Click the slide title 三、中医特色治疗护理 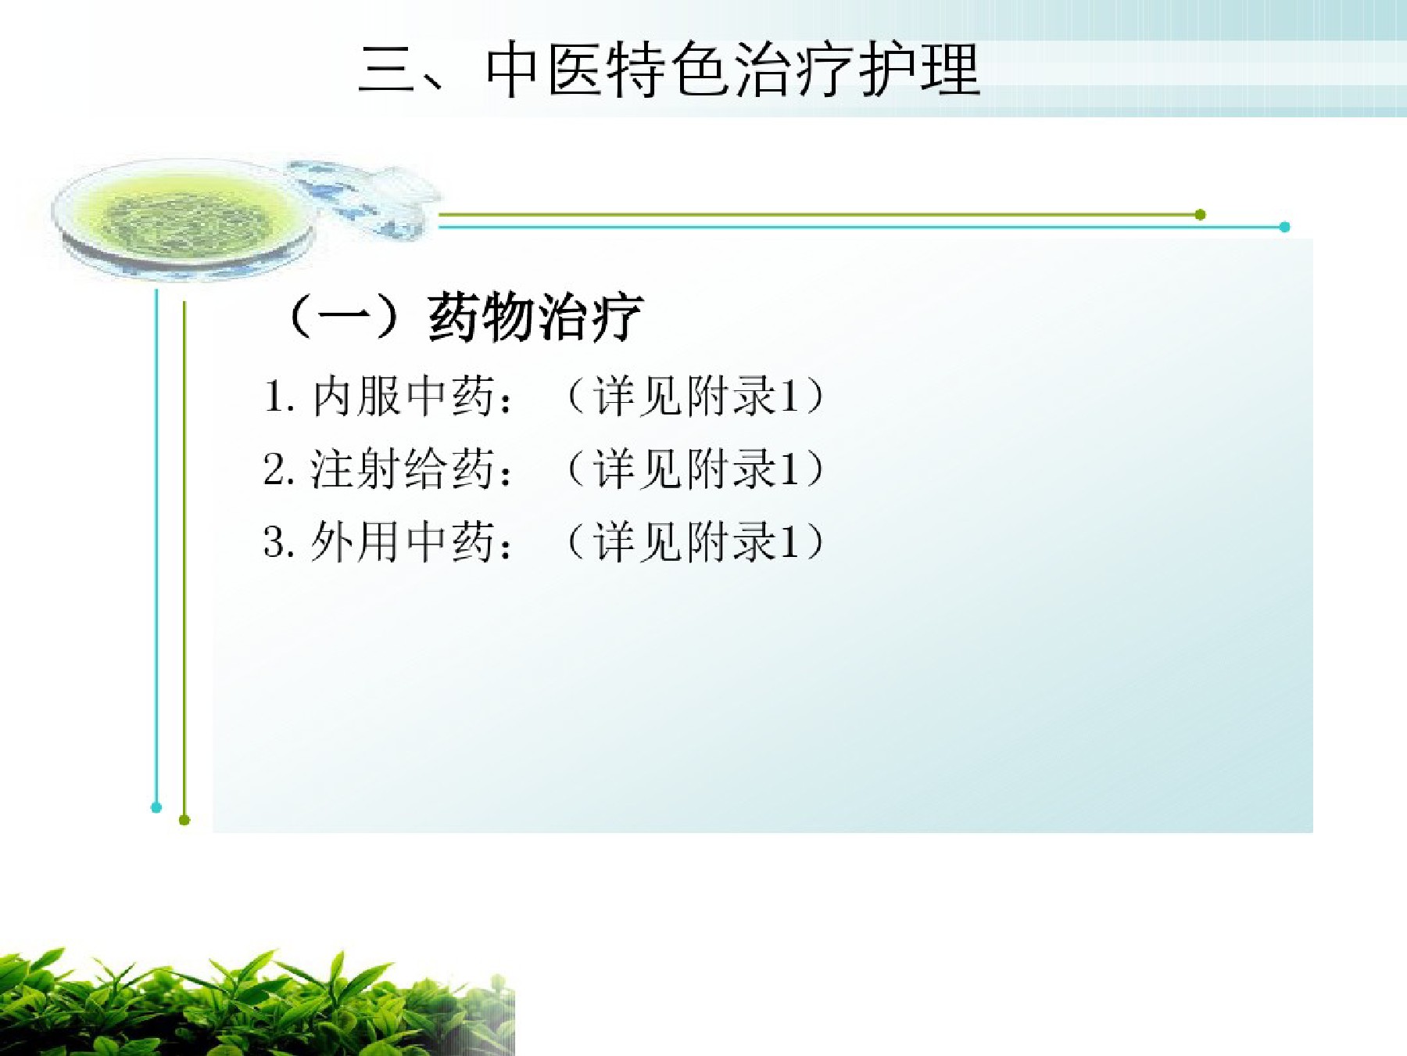669,70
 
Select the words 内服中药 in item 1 403,396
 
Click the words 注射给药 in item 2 403,469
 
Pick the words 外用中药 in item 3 403,541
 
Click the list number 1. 274,397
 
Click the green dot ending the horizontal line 1200,214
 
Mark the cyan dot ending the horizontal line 1284,227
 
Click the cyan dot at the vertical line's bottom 156,807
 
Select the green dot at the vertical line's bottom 184,820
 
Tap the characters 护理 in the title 920,70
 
